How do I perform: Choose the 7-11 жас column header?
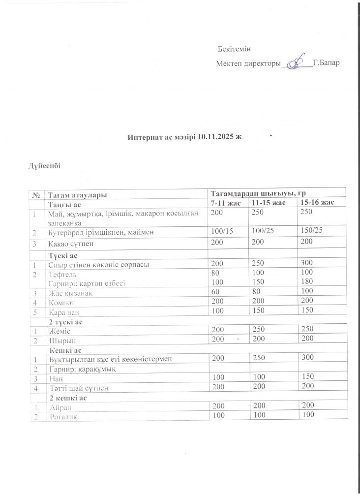(226, 203)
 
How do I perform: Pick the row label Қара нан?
(65, 311)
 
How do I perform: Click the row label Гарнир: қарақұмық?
(82, 370)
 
